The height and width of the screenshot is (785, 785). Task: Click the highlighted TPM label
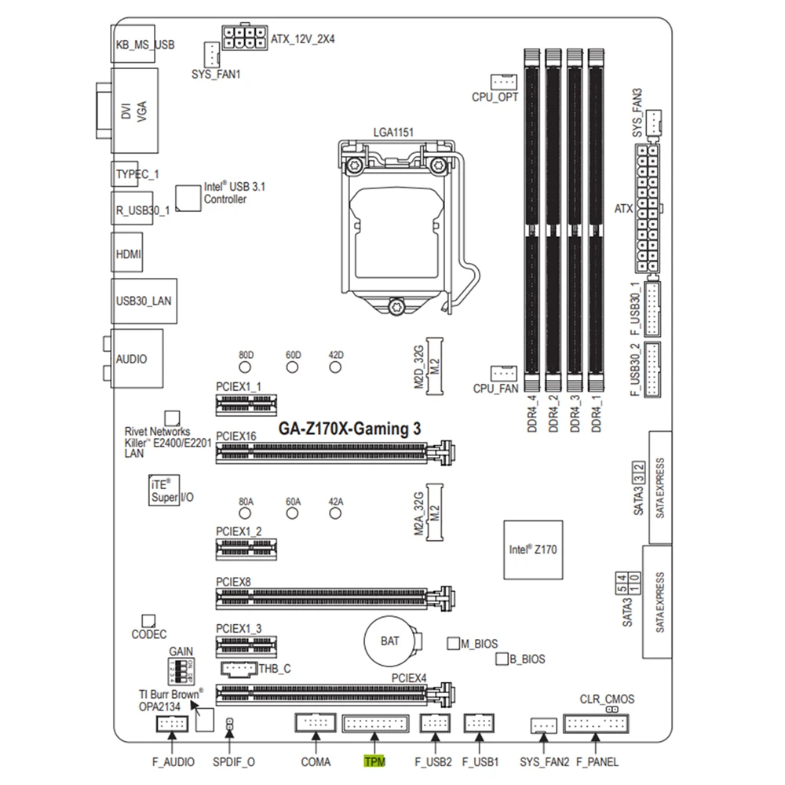374,761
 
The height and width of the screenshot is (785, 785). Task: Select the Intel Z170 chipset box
533,550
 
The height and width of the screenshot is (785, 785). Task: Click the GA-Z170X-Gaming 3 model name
350,429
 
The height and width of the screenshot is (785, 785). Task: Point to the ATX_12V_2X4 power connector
244,38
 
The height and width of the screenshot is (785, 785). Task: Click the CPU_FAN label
495,388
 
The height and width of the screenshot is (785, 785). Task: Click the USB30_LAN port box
137,300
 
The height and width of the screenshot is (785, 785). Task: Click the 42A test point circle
336,513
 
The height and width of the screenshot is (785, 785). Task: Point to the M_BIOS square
452,644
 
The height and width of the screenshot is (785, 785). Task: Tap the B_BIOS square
502,659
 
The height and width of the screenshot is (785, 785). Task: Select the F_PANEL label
597,761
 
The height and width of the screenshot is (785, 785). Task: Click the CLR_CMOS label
607,699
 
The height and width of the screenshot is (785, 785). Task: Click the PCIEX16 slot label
235,435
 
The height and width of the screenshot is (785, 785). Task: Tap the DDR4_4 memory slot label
533,412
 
